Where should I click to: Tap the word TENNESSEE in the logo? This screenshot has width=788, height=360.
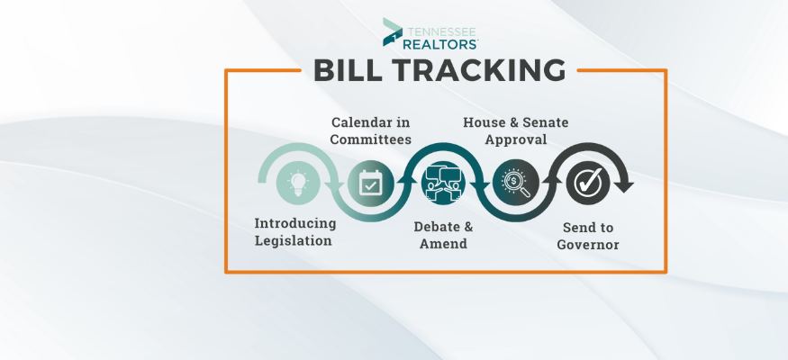[x=440, y=31]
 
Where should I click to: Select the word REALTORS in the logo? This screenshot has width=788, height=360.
[x=440, y=44]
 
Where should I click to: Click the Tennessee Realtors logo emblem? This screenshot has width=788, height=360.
[x=392, y=32]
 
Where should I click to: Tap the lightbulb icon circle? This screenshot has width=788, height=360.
[x=298, y=183]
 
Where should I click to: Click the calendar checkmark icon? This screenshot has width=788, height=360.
[x=370, y=183]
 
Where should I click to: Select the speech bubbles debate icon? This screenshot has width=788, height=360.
[x=443, y=183]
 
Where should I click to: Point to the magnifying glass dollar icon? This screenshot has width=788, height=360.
[x=516, y=183]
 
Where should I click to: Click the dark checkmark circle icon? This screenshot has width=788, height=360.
[x=588, y=183]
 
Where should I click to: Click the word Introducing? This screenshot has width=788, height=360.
[x=295, y=224]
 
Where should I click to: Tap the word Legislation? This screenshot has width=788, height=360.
[x=293, y=241]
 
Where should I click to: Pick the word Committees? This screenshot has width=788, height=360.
[x=371, y=139]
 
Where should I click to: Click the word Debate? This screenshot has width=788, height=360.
[x=431, y=227]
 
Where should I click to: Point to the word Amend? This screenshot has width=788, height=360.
[x=444, y=244]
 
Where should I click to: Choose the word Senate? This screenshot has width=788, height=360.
[x=546, y=122]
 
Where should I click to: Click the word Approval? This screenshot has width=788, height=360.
[x=516, y=140]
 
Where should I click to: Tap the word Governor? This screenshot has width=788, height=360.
[x=588, y=245]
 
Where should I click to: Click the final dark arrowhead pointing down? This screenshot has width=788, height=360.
[x=624, y=186]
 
